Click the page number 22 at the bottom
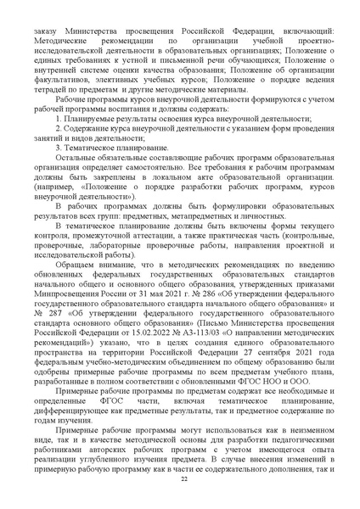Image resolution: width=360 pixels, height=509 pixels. [x=181, y=480]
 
